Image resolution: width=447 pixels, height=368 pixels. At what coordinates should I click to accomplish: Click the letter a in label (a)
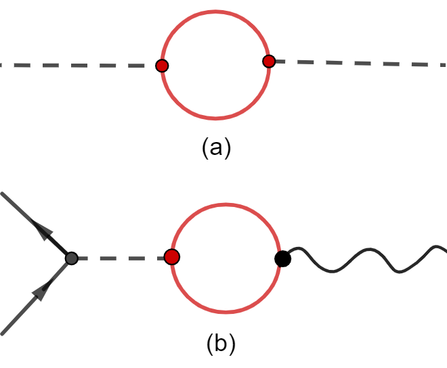click(x=217, y=147)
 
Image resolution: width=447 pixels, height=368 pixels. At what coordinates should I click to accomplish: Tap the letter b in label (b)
click(x=221, y=344)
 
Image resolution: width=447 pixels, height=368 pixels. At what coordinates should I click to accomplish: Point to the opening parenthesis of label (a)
click(x=205, y=148)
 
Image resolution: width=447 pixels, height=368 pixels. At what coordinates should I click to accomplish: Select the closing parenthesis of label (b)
click(x=232, y=345)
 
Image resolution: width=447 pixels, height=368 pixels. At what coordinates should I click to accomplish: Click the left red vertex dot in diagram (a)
click(x=162, y=66)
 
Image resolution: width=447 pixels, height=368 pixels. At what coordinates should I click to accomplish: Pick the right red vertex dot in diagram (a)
click(x=269, y=62)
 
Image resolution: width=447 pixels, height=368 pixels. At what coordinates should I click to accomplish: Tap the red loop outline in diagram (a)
click(x=215, y=118)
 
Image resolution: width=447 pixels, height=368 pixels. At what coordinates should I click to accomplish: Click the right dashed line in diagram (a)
click(x=359, y=63)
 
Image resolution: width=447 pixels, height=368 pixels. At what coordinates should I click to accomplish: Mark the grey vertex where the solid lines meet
click(x=72, y=258)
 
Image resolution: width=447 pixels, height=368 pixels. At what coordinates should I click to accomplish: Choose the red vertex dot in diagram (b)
click(x=172, y=257)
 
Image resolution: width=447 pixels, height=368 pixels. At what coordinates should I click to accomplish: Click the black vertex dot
click(x=282, y=258)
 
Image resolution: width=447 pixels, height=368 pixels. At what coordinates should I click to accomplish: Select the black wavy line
click(x=366, y=259)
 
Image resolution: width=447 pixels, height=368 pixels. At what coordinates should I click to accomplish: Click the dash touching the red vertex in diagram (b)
click(x=152, y=258)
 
